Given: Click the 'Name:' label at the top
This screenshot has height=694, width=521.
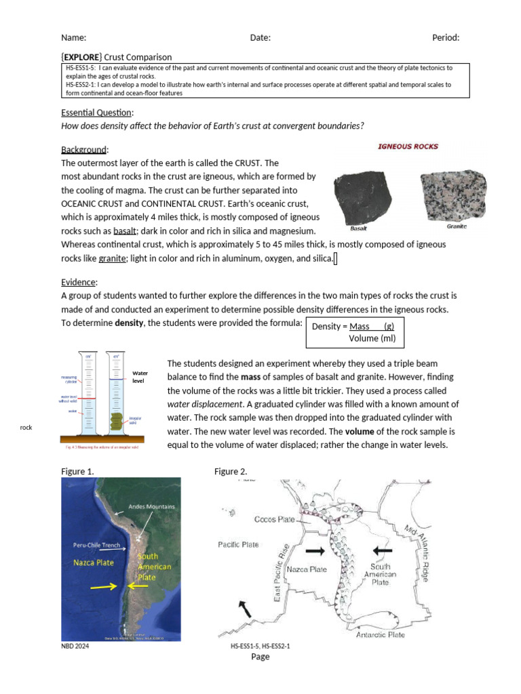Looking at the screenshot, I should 73,38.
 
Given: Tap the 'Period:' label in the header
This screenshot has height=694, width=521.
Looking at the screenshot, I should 446,38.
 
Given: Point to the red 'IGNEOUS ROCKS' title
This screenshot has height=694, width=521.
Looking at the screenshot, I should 407,146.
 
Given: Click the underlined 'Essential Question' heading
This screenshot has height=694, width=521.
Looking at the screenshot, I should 97,113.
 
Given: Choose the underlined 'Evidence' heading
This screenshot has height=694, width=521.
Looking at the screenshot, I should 79,282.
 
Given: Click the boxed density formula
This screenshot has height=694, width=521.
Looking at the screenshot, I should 353,332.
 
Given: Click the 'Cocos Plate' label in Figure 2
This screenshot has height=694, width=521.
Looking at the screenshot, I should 274,519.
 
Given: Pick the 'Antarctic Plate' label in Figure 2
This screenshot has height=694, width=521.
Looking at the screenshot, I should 381,634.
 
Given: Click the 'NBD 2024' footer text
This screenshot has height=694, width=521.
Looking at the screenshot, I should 75,647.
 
